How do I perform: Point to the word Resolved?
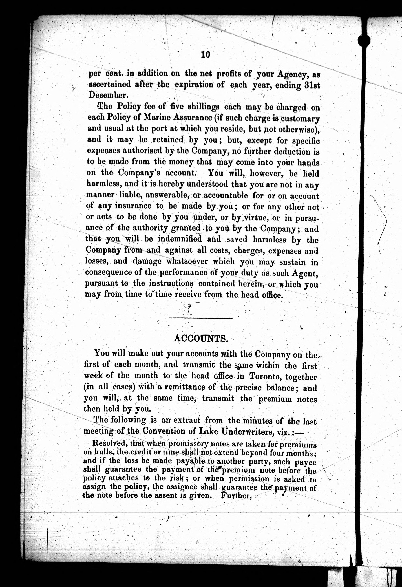[111, 443]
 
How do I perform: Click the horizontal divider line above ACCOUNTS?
[201, 318]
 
